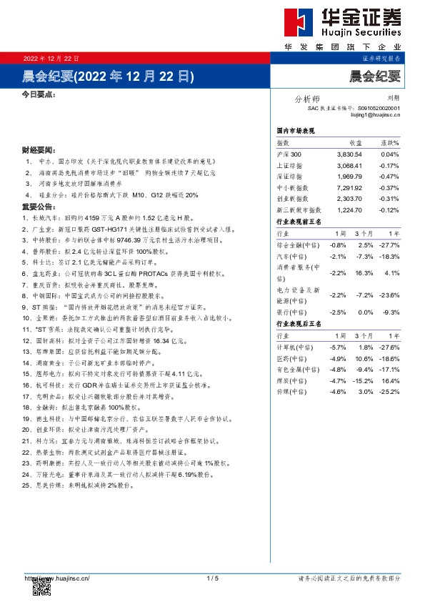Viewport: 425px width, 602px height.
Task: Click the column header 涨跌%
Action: pos(389,143)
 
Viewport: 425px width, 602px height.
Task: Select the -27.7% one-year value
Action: pos(389,245)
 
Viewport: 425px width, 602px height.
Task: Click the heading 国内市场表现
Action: pos(295,132)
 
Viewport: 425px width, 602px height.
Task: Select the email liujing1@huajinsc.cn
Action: pos(372,114)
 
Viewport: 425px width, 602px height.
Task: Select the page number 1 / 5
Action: pos(212,578)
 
